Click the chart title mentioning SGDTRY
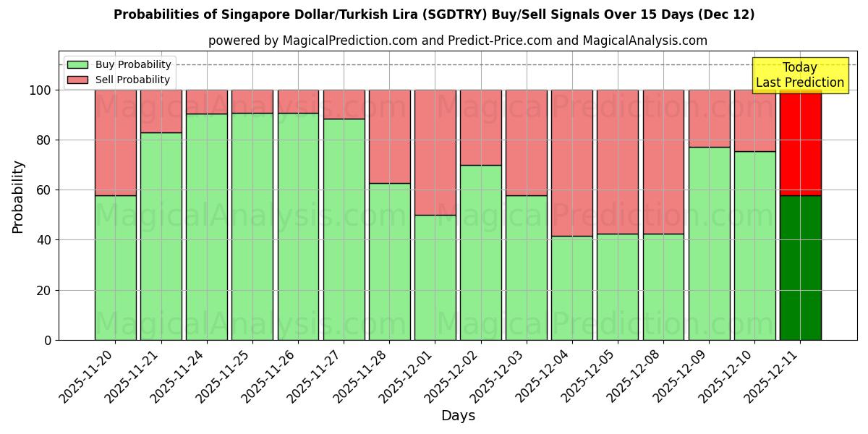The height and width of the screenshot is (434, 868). [434, 14]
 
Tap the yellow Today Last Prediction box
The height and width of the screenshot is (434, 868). [799, 75]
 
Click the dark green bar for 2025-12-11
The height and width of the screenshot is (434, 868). [800, 268]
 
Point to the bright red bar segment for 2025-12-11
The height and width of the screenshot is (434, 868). [800, 142]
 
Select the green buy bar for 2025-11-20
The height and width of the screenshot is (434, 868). [116, 268]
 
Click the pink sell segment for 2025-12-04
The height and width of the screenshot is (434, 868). [572, 163]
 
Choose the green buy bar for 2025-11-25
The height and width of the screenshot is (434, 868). [252, 226]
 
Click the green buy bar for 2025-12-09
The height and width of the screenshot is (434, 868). [709, 243]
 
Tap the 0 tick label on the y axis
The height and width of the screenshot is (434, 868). [48, 340]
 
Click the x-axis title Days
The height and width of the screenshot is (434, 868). [458, 416]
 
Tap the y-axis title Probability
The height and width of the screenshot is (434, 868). [18, 197]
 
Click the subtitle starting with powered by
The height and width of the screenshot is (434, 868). [458, 41]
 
